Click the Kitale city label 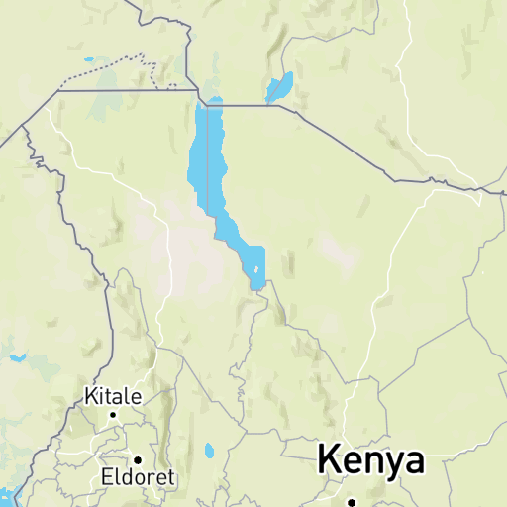point(112,397)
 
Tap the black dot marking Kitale point(113,415)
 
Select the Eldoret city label point(138,477)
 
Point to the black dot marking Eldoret point(138,459)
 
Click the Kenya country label point(370,461)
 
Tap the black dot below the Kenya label point(351,502)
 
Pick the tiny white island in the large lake point(258,269)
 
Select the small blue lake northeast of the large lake point(279,87)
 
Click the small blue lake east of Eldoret point(209,452)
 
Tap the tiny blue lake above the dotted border point(89,60)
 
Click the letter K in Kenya point(329,461)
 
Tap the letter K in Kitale point(89,397)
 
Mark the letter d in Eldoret point(127,477)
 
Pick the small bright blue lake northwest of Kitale point(16,357)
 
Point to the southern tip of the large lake point(256,288)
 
